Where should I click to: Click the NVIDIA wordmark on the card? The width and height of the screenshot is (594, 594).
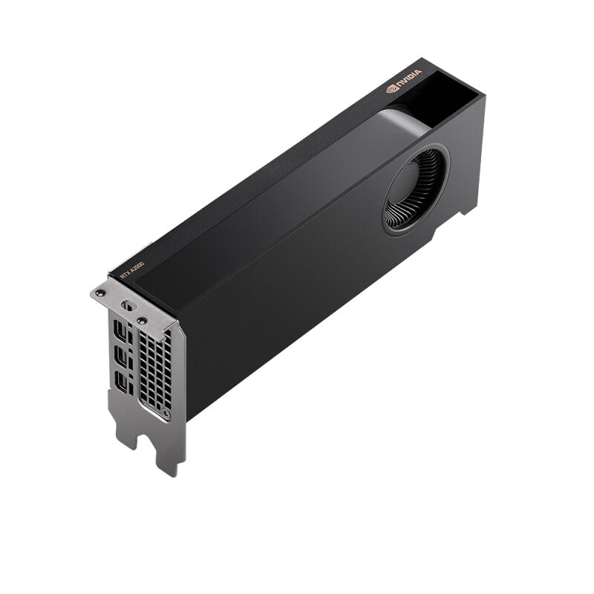point(411,76)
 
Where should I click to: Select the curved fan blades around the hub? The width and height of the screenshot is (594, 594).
point(405,212)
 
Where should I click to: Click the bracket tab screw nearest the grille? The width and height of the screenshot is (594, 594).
point(140,320)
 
